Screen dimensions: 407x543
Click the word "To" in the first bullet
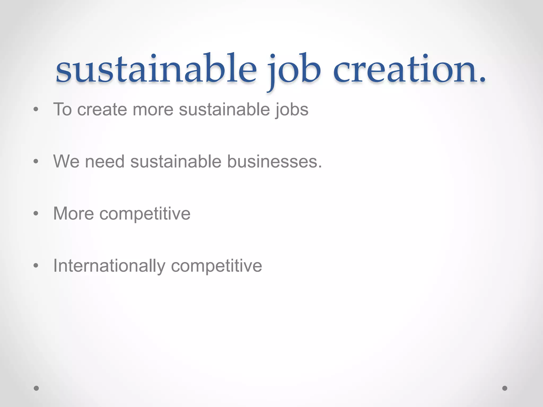click(x=63, y=109)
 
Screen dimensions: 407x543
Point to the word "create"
click(x=102, y=109)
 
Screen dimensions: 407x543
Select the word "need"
click(x=105, y=161)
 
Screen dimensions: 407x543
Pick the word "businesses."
click(x=275, y=161)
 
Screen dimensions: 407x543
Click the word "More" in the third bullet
click(x=74, y=213)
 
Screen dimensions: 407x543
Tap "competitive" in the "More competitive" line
click(x=145, y=213)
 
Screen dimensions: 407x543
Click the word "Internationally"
click(x=109, y=266)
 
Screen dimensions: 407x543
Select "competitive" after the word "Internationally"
click(x=217, y=266)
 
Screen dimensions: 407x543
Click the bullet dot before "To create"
click(x=36, y=109)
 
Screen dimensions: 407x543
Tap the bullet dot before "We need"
click(x=36, y=161)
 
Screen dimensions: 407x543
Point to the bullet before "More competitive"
click(x=36, y=213)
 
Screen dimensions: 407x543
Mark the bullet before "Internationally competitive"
click(x=36, y=266)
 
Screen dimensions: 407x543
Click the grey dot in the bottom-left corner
click(x=36, y=388)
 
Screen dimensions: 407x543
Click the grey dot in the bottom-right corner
click(x=505, y=388)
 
